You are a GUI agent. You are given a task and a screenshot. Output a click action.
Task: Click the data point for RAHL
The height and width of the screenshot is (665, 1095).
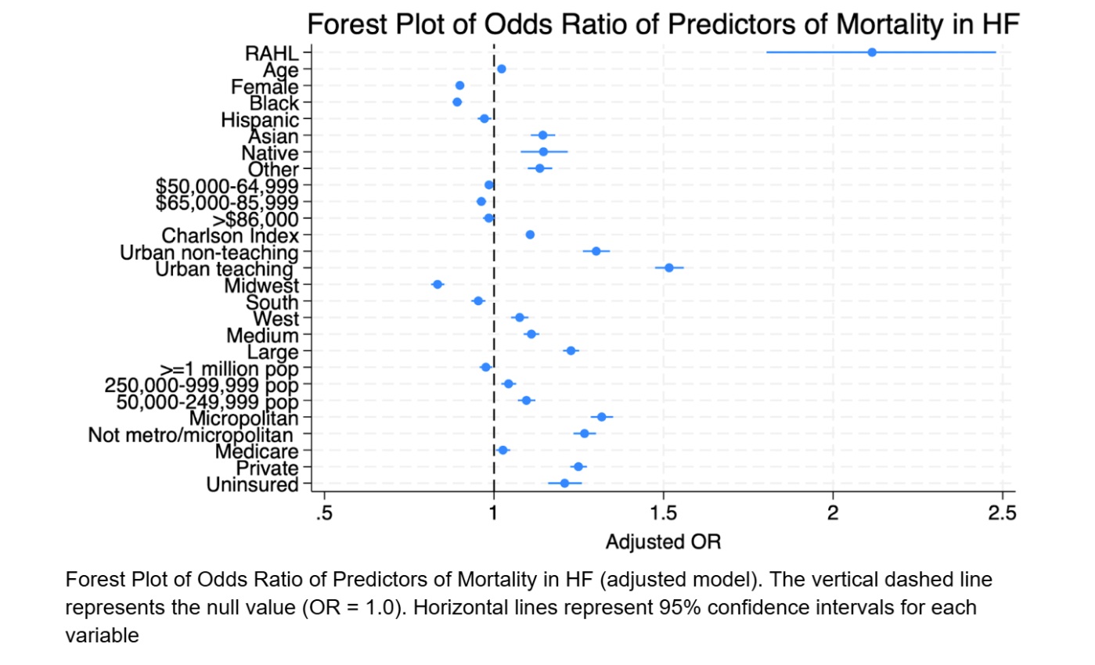click(872, 52)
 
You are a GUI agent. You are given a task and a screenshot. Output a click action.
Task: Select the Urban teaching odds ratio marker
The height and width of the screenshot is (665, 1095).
click(669, 268)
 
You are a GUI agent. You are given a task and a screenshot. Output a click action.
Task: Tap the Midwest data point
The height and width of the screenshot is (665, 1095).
click(438, 284)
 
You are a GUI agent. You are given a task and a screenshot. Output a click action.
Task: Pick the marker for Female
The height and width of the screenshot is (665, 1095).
click(459, 85)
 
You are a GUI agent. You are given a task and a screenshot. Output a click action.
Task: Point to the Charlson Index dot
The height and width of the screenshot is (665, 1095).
click(530, 235)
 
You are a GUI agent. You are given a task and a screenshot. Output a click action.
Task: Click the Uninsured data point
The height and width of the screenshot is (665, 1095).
click(564, 483)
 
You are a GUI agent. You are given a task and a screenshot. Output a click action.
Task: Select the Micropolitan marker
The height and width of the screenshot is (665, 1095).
click(601, 417)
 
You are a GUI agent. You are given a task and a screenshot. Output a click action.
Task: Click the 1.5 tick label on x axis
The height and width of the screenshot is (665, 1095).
click(663, 513)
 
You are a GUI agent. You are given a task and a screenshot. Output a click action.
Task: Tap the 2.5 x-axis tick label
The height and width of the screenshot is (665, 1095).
click(1002, 513)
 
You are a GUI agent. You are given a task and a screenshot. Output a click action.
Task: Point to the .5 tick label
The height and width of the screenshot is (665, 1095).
click(323, 513)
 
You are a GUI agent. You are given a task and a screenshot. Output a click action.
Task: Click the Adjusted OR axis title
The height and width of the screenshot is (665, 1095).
click(663, 541)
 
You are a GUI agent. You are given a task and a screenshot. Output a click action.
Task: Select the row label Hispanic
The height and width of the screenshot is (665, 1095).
click(260, 120)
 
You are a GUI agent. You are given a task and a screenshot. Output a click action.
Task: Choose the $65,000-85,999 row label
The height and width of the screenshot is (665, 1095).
click(227, 202)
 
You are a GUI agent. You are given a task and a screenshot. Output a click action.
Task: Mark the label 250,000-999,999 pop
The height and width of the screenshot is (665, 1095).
click(202, 385)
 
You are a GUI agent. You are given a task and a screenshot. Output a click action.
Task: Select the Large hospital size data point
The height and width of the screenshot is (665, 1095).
click(571, 350)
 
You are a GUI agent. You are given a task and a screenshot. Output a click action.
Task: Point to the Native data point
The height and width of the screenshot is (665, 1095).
click(543, 152)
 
